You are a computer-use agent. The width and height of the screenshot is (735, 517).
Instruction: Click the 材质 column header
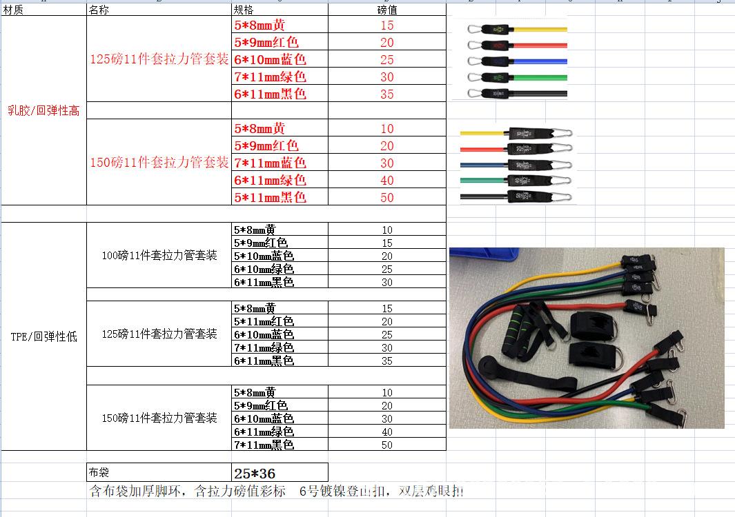[x=13, y=10]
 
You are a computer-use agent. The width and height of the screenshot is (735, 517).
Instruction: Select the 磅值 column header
[x=386, y=10]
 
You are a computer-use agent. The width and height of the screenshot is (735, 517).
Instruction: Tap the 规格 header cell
[x=244, y=10]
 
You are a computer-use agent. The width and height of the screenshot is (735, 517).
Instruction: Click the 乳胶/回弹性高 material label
[x=43, y=110]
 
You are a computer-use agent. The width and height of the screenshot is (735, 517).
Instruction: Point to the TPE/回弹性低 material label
[x=44, y=336]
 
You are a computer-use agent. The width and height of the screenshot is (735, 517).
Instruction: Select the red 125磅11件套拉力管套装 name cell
[x=159, y=59]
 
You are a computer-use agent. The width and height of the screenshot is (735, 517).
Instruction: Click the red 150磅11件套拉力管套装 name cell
[x=159, y=163]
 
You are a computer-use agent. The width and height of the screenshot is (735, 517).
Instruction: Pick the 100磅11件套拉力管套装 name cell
[x=159, y=255]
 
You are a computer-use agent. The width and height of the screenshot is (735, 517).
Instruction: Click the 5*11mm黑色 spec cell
[x=271, y=197]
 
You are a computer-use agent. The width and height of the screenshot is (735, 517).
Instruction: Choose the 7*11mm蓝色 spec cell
[x=271, y=163]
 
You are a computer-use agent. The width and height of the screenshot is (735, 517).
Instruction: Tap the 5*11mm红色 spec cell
[x=264, y=321]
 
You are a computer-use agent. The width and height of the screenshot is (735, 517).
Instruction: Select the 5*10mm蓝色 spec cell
[x=264, y=256]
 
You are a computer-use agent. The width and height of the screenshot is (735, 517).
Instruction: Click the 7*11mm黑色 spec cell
[x=264, y=445]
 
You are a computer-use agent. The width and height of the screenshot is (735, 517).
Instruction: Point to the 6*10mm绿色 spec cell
[x=264, y=269]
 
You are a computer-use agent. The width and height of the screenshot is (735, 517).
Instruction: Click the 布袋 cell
[x=99, y=473]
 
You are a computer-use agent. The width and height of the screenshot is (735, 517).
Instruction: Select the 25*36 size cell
[x=255, y=474]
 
